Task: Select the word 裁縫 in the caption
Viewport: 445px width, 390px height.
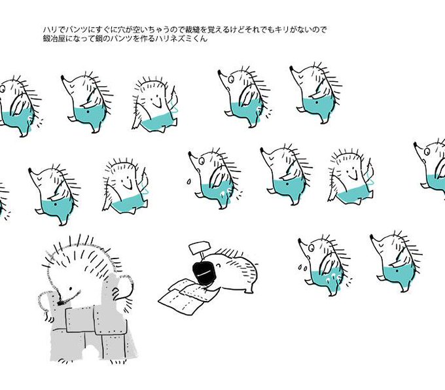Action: pos(192,29)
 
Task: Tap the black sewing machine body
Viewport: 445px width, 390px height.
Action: pos(204,273)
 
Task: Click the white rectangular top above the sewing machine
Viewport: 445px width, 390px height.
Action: pos(200,247)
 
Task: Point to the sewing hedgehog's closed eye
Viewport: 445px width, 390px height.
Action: pos(218,266)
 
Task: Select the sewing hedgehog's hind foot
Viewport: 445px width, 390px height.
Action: pos(249,290)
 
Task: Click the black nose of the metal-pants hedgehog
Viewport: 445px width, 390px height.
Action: pos(60,303)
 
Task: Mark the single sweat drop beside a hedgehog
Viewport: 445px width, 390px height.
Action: pos(188,182)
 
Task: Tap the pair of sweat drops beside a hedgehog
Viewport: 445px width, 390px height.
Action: pos(302,267)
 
